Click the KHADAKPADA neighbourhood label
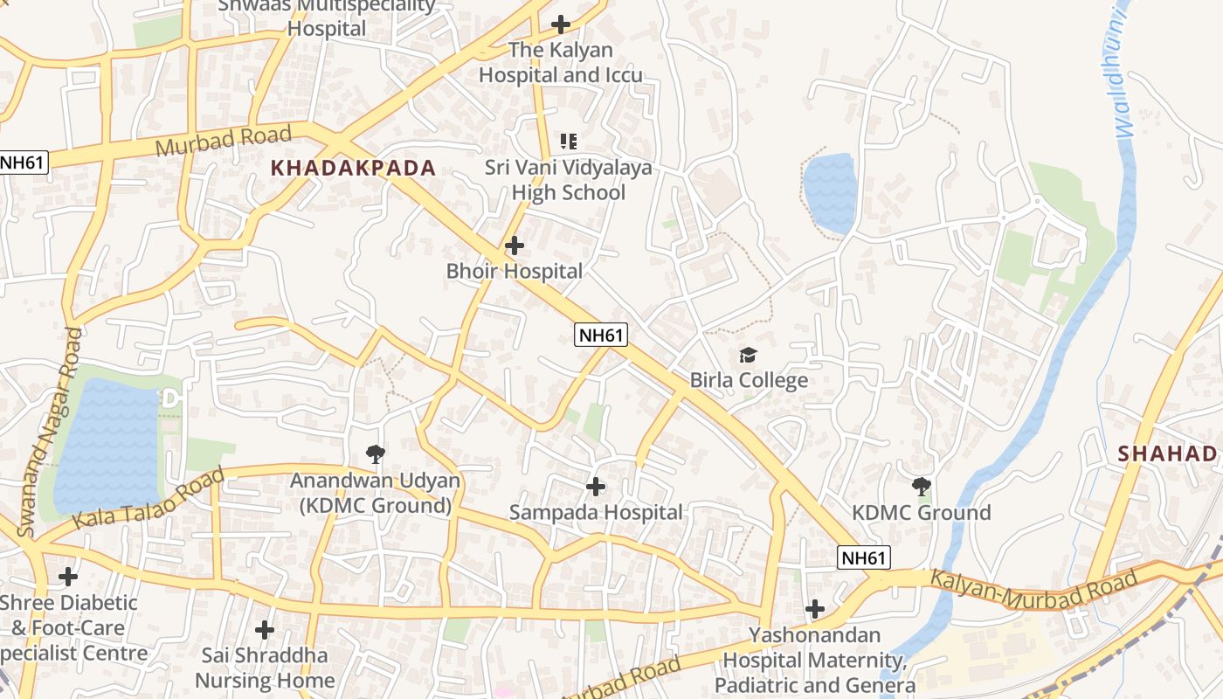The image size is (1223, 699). click(x=353, y=169)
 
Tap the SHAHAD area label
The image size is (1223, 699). click(x=1167, y=453)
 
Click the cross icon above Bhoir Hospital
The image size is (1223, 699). click(x=515, y=246)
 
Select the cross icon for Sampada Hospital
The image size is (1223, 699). click(x=596, y=486)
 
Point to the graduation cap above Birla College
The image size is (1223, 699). click(x=748, y=355)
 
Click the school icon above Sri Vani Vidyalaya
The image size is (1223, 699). click(x=569, y=141)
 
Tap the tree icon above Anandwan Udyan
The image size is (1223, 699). click(x=376, y=453)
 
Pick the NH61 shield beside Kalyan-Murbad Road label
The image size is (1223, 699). click(x=863, y=557)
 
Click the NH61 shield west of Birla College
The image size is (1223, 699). click(x=601, y=335)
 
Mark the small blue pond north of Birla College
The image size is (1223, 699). click(x=829, y=193)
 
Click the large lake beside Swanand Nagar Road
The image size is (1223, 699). click(x=107, y=445)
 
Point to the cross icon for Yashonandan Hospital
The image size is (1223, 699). click(x=815, y=609)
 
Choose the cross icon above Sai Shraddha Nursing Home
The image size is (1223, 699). click(x=265, y=629)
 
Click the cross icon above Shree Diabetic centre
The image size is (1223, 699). click(x=67, y=577)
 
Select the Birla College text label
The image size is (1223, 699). click(x=749, y=381)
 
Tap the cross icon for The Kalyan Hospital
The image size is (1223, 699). click(x=561, y=24)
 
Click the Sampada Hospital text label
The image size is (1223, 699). click(x=596, y=513)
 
